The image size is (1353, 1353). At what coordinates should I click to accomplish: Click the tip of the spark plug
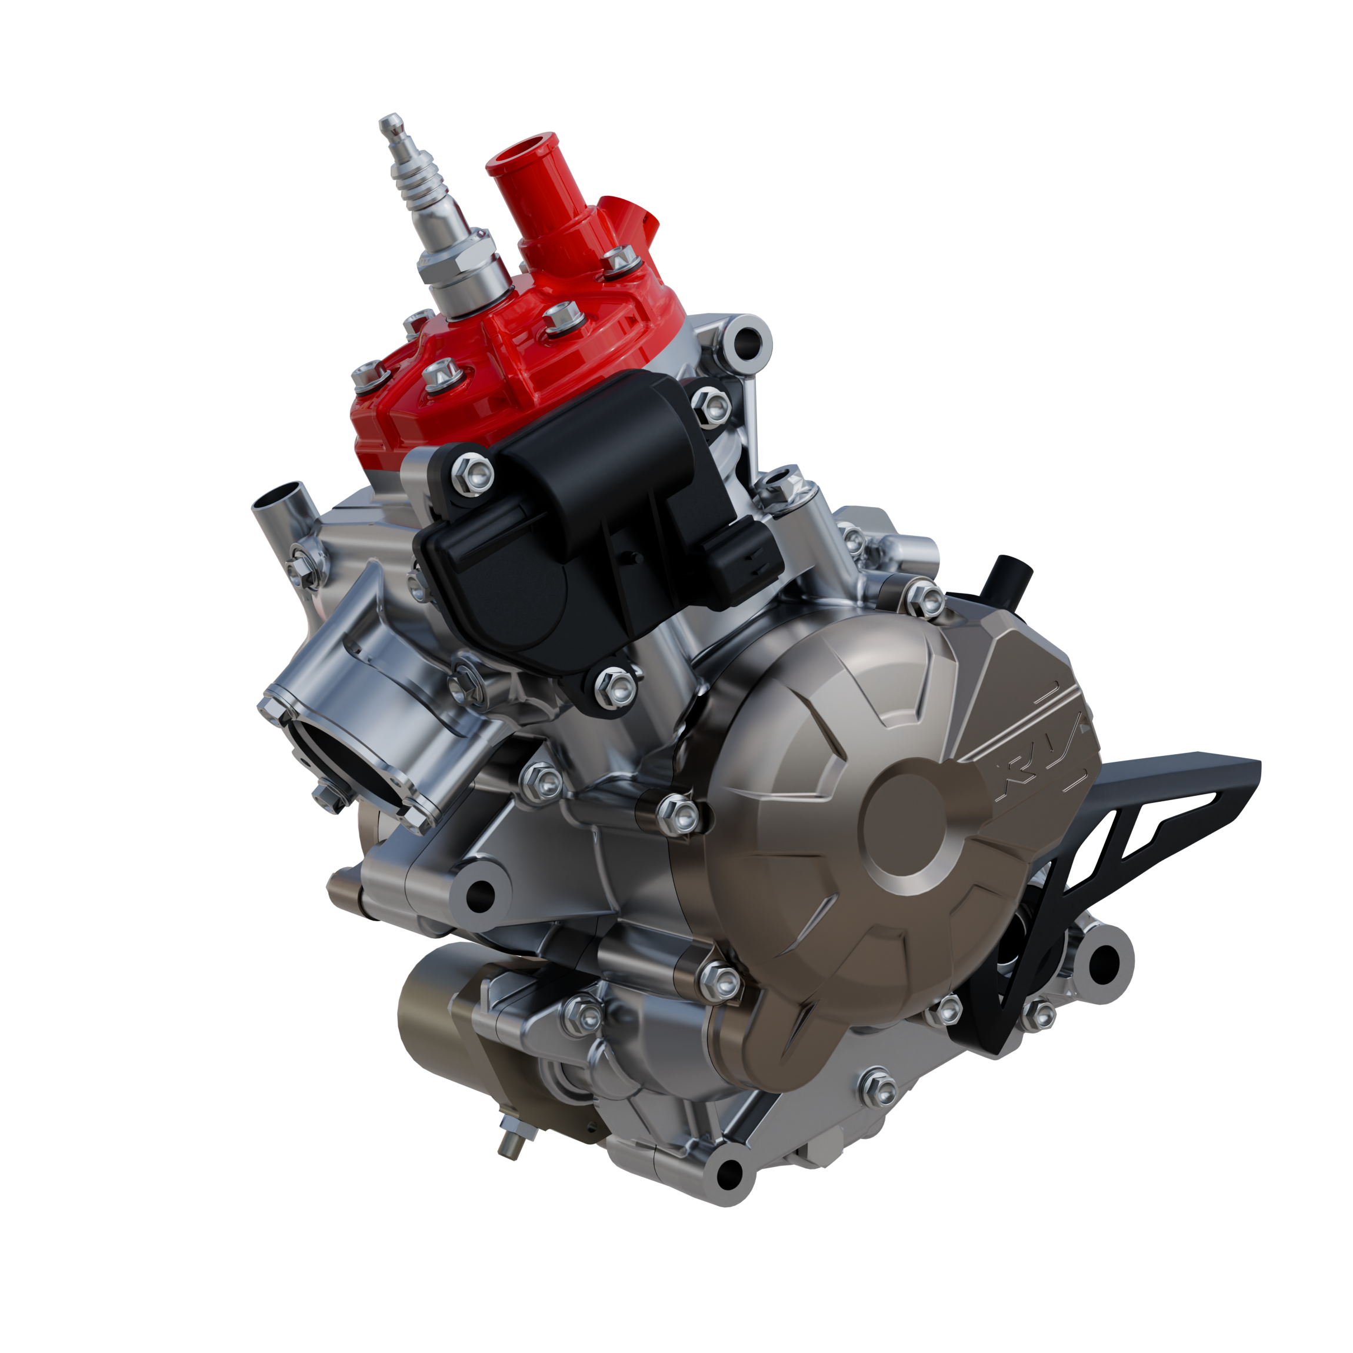389,124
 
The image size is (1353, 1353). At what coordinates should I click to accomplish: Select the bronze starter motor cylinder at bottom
448,1008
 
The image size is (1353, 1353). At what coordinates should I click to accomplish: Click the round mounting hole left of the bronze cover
479,893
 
